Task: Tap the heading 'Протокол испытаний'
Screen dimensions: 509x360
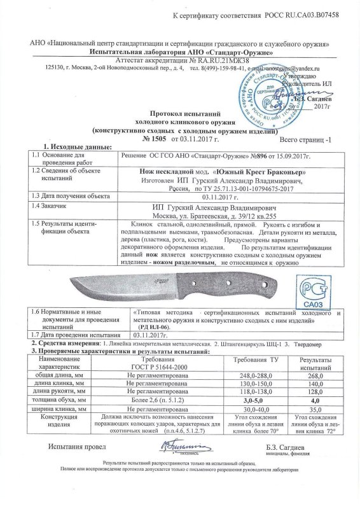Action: coord(181,111)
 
